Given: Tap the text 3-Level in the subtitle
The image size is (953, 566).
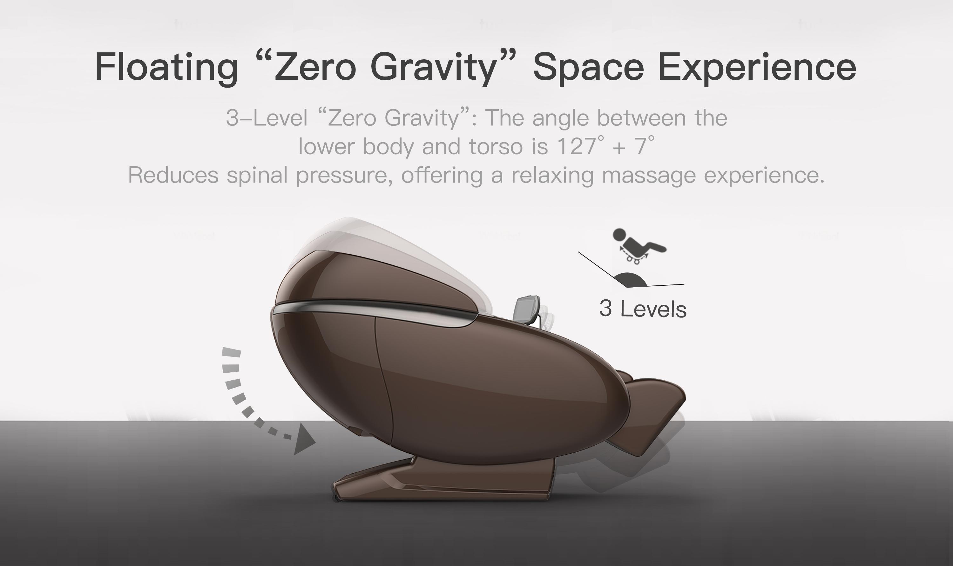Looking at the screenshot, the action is coord(267,118).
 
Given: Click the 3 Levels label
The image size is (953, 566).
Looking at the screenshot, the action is coord(643,309).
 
